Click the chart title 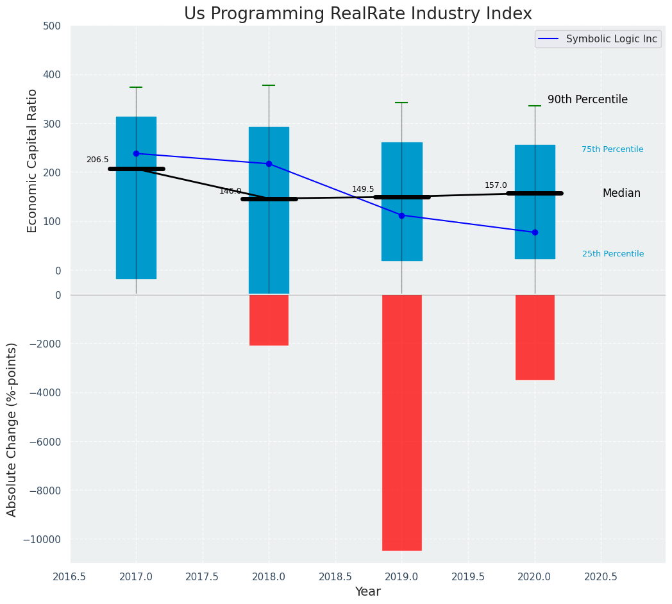pyautogui.click(x=358, y=14)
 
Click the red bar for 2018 pyautogui.click(x=269, y=320)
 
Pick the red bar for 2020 pyautogui.click(x=535, y=337)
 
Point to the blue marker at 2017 pyautogui.click(x=136, y=154)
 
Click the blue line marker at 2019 pyautogui.click(x=402, y=215)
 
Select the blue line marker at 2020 pyautogui.click(x=535, y=232)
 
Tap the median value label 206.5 pyautogui.click(x=97, y=160)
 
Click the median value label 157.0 pyautogui.click(x=496, y=185)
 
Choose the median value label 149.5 pyautogui.click(x=363, y=189)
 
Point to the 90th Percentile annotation pyautogui.click(x=587, y=100)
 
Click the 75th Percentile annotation pyautogui.click(x=612, y=149)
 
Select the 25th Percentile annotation pyautogui.click(x=613, y=254)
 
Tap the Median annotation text pyautogui.click(x=621, y=194)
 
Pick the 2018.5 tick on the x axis pyautogui.click(x=335, y=576)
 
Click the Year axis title pyautogui.click(x=368, y=592)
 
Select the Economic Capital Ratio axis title pyautogui.click(x=33, y=160)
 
